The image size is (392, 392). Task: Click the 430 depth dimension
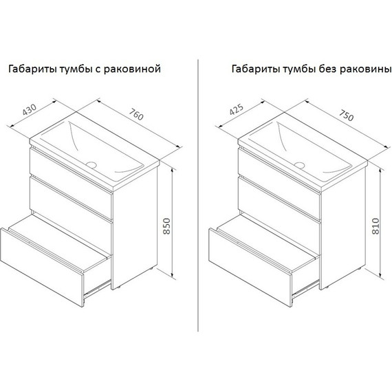[30, 109]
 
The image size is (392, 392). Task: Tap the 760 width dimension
[136, 114]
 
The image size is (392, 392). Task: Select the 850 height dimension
[166, 226]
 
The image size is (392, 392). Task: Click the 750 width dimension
[346, 116]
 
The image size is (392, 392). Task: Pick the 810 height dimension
[375, 226]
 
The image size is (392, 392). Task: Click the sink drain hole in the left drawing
[91, 164]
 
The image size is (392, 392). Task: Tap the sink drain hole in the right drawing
[299, 165]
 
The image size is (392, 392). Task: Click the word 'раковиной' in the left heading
[132, 69]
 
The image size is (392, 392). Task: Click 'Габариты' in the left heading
[32, 69]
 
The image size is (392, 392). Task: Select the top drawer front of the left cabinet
[71, 183]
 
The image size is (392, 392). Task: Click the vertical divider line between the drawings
[198, 196]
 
